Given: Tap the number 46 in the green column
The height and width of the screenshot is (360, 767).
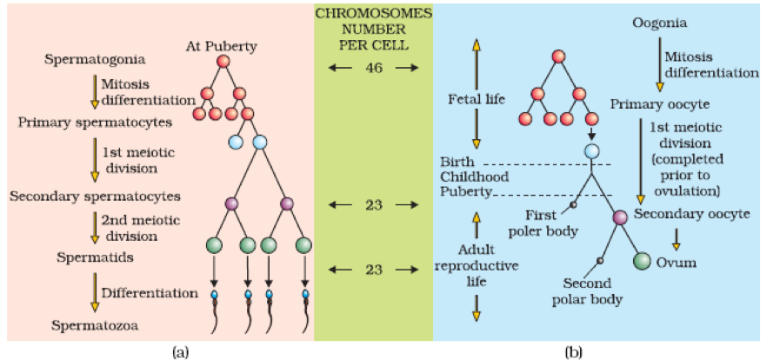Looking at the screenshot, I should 371,66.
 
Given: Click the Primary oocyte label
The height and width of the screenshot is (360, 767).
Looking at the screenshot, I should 658,104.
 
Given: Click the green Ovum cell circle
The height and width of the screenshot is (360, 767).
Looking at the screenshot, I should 643,260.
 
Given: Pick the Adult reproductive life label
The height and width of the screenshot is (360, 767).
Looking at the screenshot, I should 477,264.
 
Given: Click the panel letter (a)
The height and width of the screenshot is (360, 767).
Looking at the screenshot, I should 181,350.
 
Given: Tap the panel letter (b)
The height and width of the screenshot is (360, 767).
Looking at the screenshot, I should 572,350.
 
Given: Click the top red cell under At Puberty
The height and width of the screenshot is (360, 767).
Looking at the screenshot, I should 222,63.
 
